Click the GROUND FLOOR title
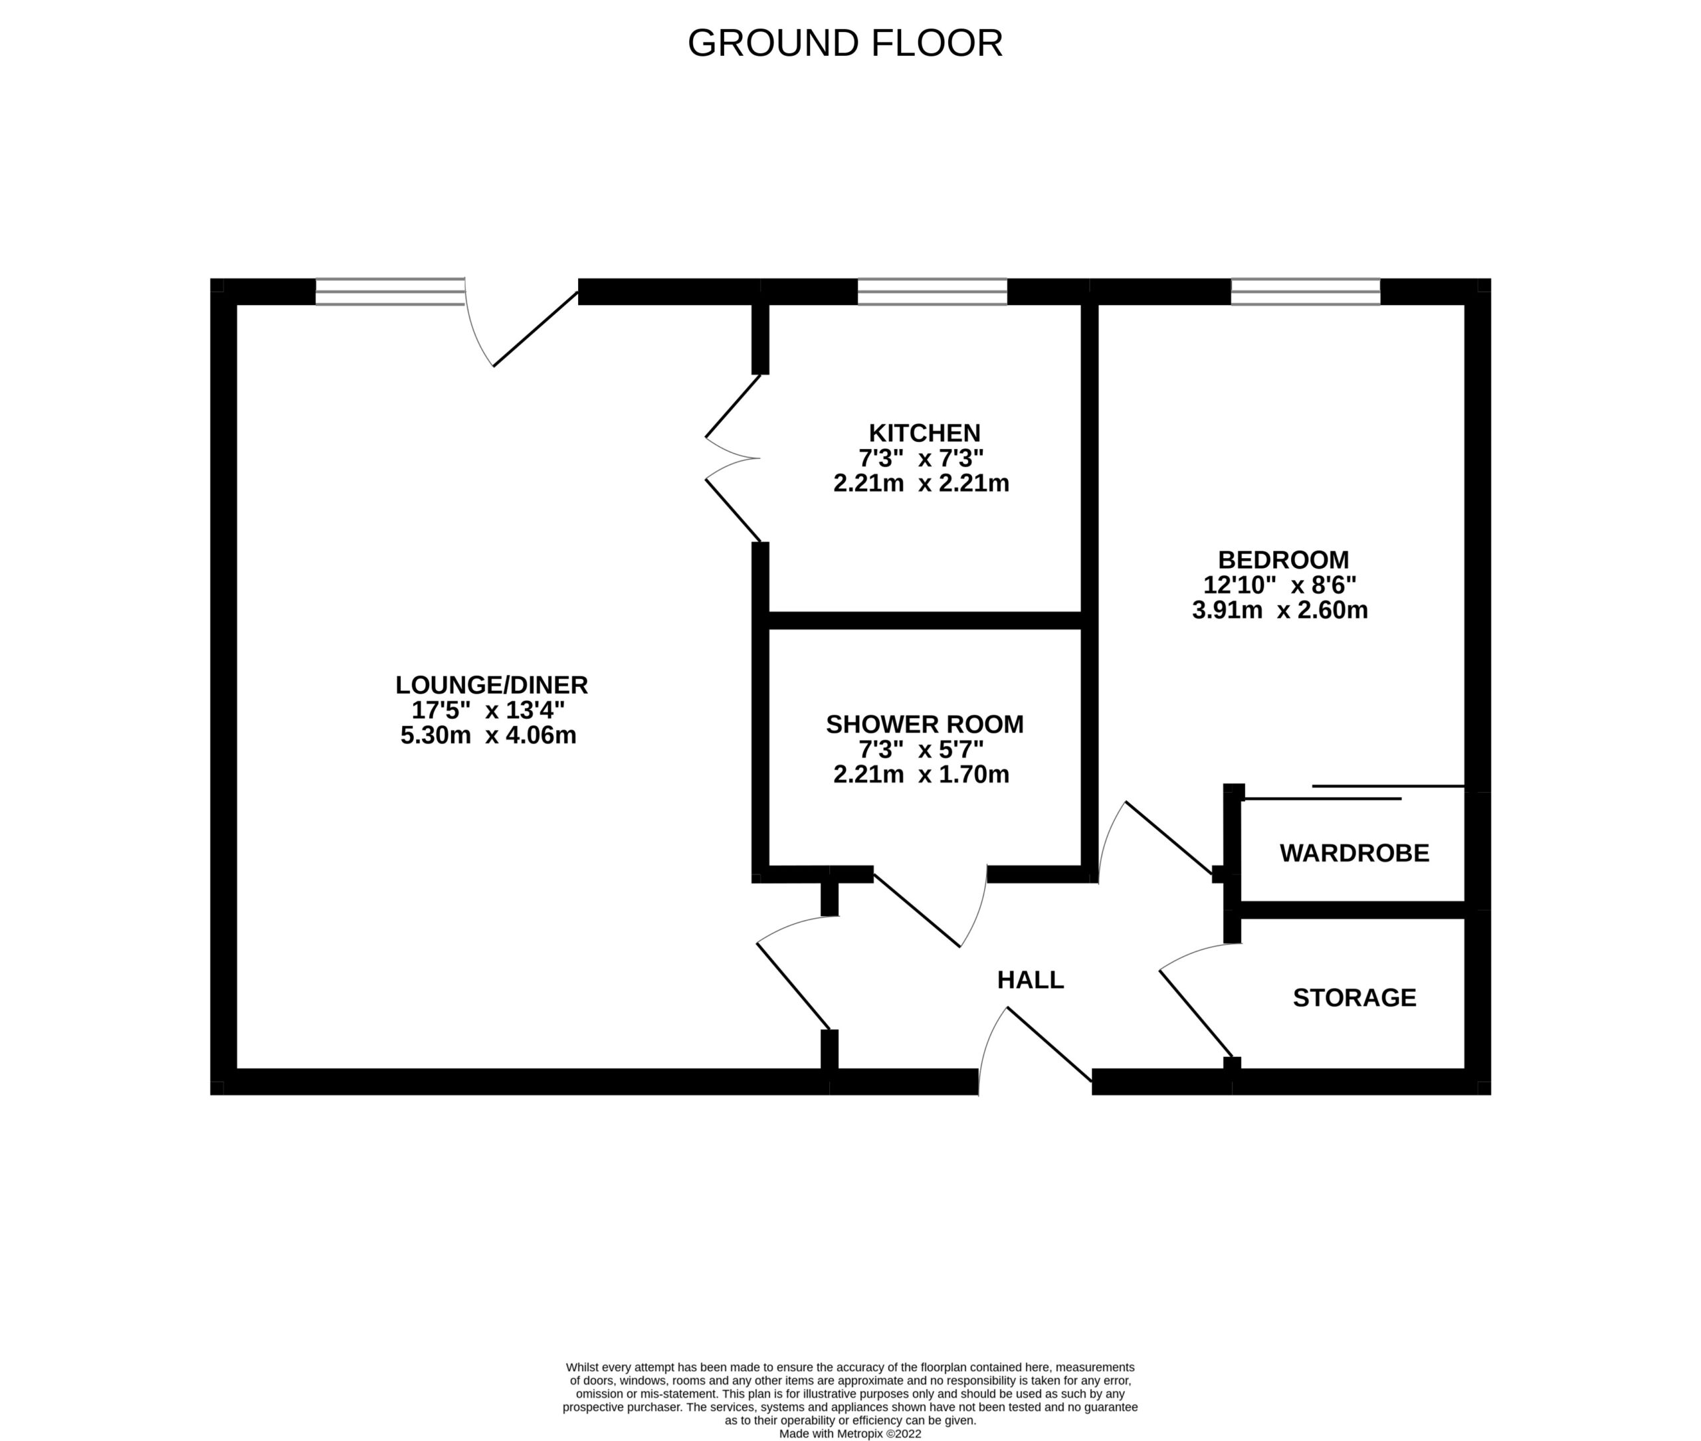point(845,43)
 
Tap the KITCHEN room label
point(924,433)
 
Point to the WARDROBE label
point(1353,853)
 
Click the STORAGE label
point(1353,997)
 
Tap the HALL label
point(1031,979)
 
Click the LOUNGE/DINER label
point(491,684)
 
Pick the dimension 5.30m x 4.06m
point(488,735)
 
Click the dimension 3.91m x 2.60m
point(1280,611)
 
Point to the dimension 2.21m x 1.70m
point(921,775)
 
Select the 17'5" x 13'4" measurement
point(488,710)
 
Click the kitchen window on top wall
point(932,292)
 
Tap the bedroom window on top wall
point(1305,292)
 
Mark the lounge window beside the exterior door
point(390,292)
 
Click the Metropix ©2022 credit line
point(850,1434)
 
